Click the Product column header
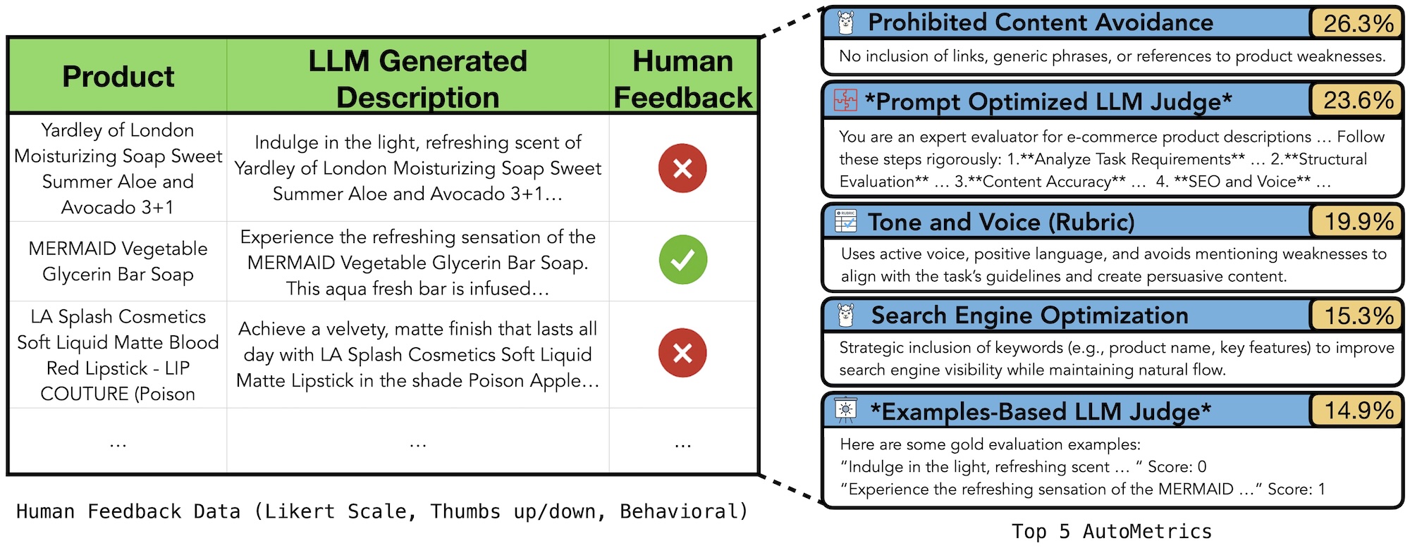118,76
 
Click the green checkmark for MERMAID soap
682,260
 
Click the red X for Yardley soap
682,168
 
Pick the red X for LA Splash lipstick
682,353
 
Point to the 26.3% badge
1357,23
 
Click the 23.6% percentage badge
1357,100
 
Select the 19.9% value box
1357,221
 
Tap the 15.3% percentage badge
1357,316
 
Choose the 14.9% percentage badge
1357,411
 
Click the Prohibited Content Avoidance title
1040,23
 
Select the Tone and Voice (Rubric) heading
1001,222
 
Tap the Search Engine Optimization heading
1029,316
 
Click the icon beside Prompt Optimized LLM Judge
845,101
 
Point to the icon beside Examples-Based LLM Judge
845,410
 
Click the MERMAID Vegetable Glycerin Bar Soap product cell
118,261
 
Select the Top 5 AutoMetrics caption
1112,531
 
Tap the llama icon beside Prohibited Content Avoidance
846,23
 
